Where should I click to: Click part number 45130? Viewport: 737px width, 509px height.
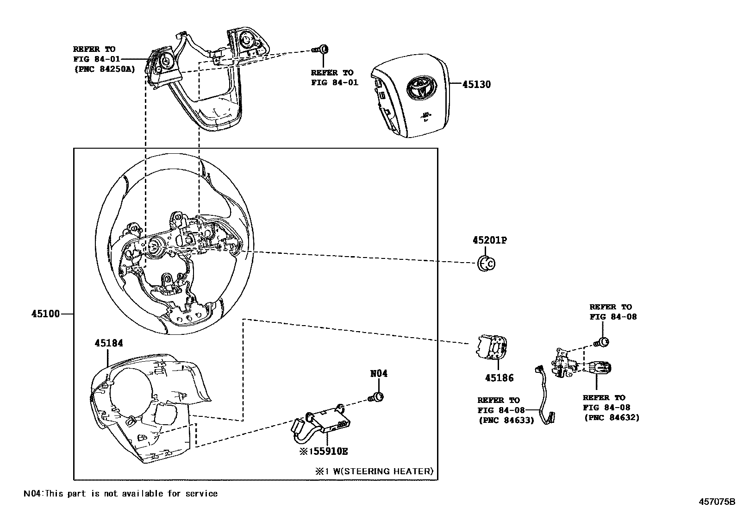[476, 84]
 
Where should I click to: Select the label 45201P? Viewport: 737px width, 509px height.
[490, 240]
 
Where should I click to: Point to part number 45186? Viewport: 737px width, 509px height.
[499, 378]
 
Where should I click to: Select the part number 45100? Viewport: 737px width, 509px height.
[45, 314]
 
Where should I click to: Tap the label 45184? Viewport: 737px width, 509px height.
[109, 343]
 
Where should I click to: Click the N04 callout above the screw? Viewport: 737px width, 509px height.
[378, 374]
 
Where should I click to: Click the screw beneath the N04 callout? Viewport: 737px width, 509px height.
[376, 397]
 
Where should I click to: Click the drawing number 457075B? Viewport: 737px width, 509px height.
[717, 501]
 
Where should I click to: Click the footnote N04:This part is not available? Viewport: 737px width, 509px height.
[120, 493]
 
